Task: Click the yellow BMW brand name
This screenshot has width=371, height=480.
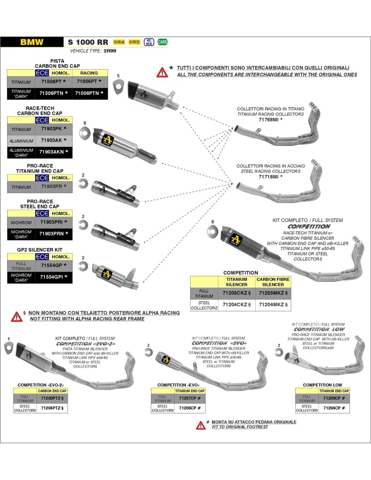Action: click(32, 42)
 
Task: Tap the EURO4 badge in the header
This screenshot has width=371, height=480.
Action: click(119, 42)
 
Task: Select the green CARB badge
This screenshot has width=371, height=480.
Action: click(162, 42)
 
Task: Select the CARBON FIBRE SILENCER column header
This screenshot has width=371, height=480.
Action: click(273, 282)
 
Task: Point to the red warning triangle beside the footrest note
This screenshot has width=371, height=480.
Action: click(201, 425)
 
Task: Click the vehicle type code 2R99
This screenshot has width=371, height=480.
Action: click(110, 51)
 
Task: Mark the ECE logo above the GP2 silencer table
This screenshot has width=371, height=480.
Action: click(42, 257)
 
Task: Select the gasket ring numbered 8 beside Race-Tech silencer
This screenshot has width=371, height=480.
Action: click(84, 133)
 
